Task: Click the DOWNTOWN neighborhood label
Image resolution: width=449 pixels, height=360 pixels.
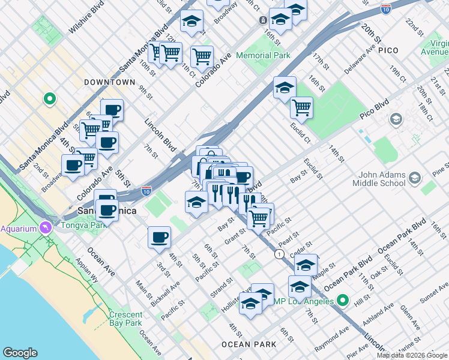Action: pos(110,82)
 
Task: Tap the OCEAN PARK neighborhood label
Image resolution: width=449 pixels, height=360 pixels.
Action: pos(249,344)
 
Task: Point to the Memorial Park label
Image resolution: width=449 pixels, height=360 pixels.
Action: pos(263,55)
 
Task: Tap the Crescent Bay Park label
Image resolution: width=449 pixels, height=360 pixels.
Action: pos(126,319)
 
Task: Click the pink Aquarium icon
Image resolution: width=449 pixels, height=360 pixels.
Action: pos(46,228)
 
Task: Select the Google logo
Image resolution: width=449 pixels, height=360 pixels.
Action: pos(20,353)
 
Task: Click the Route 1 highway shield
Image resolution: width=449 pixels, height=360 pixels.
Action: pos(279,254)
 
